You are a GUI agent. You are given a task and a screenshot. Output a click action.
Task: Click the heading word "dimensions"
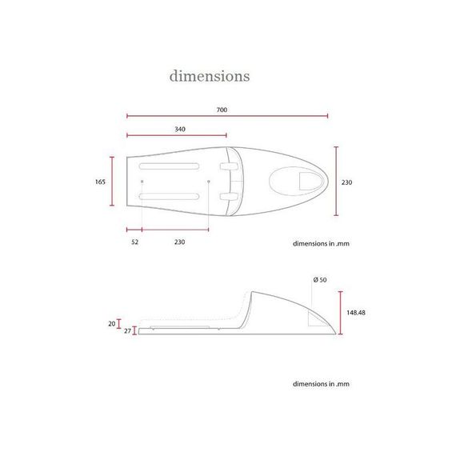pyautogui.click(x=209, y=76)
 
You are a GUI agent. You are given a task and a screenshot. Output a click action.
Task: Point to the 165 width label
pyautogui.click(x=100, y=182)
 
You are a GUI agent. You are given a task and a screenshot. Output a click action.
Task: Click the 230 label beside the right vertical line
pyautogui.click(x=346, y=182)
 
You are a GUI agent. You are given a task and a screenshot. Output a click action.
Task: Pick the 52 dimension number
pyautogui.click(x=134, y=242)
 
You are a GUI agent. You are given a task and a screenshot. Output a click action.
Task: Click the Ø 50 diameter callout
pyautogui.click(x=320, y=279)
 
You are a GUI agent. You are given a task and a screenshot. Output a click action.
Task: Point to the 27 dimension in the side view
pyautogui.click(x=126, y=330)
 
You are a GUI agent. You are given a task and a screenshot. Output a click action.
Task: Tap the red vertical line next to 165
pyautogui.click(x=113, y=182)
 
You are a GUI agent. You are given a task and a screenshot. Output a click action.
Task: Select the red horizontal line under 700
pyautogui.click(x=227, y=116)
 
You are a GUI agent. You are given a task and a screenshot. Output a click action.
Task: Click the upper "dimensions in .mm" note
pyautogui.click(x=322, y=242)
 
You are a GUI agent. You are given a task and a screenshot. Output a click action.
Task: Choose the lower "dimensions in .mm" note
pyautogui.click(x=322, y=384)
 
